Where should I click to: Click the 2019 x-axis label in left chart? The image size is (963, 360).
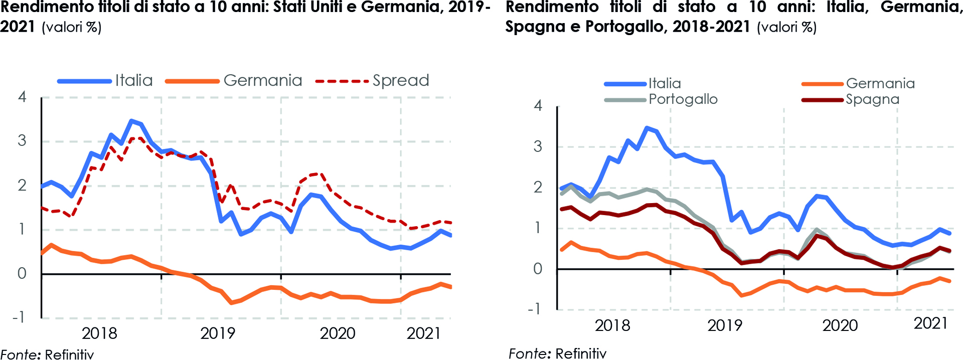pos(218,333)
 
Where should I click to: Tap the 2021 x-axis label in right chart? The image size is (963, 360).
pos(930,323)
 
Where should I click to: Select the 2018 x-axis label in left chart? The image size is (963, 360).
pos(99,333)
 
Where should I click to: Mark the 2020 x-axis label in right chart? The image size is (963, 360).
pos(840,325)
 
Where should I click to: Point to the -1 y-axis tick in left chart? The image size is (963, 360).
pos(19,317)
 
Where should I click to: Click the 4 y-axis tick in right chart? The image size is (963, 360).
pos(538,106)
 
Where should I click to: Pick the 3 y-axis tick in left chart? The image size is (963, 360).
pos(22,141)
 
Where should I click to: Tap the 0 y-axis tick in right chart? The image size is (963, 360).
pos(538,269)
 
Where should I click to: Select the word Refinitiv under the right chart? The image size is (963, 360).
pos(581,353)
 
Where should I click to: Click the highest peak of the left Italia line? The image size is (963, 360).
pos(131,120)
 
